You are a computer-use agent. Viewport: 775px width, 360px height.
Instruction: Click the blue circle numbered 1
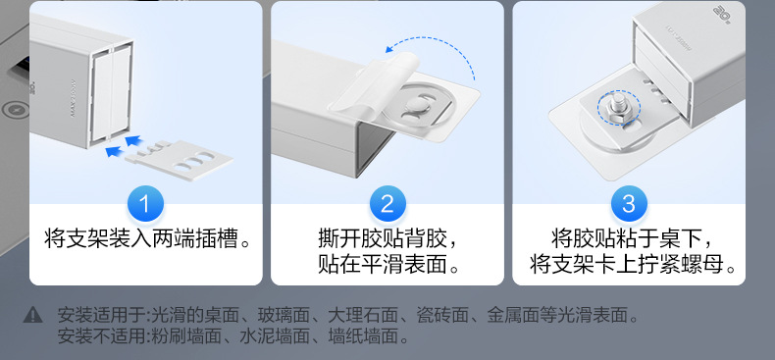145,205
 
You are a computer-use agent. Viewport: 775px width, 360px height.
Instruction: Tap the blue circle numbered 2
387,205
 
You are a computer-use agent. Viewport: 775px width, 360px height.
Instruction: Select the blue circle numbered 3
629,205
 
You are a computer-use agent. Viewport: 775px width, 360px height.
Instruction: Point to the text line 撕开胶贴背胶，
387,238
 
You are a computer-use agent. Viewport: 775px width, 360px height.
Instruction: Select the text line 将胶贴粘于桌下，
629,238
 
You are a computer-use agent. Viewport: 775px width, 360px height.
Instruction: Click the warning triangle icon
33,316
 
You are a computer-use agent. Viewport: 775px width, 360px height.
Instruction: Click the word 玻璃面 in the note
284,316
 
